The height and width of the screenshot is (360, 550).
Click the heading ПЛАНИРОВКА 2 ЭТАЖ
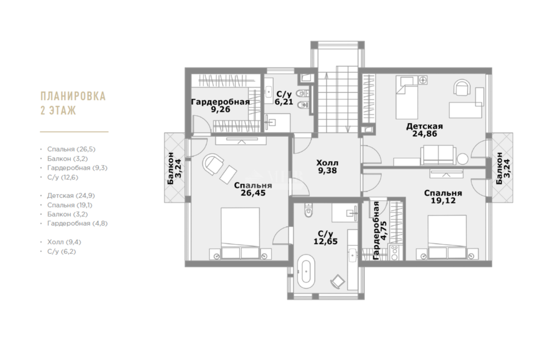point(73,103)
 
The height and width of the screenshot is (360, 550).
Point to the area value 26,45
point(253,193)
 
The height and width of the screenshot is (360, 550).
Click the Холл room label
point(327,163)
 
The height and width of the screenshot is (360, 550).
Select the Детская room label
point(425,126)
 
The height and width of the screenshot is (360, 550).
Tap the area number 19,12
point(443,201)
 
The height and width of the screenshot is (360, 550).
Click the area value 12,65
point(326,241)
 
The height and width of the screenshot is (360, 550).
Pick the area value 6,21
point(284,102)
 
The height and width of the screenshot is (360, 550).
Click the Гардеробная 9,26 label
point(221,106)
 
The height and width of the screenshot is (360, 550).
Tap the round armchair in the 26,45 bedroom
point(213,164)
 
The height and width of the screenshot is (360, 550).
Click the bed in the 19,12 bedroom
point(447,237)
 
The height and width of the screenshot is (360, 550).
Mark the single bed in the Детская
point(407,97)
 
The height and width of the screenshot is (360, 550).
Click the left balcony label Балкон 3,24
point(174,168)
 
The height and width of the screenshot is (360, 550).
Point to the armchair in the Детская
point(462,87)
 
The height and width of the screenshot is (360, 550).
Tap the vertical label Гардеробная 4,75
point(380,230)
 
